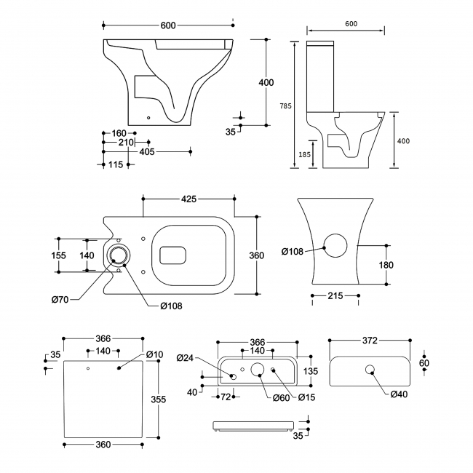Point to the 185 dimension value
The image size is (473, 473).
pyautogui.click(x=303, y=155)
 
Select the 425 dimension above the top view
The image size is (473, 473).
pyautogui.click(x=188, y=199)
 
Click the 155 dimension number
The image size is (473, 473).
pyautogui.click(x=60, y=255)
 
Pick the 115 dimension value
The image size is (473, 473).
pyautogui.click(x=115, y=164)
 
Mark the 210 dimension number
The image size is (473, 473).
pyautogui.click(x=125, y=143)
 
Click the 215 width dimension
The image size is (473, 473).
pyautogui.click(x=335, y=297)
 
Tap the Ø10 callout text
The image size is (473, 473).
pyautogui.click(x=154, y=355)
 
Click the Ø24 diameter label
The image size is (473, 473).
pyautogui.click(x=186, y=357)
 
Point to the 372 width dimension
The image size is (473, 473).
pyautogui.click(x=371, y=341)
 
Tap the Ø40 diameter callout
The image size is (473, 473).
pyautogui.click(x=398, y=394)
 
